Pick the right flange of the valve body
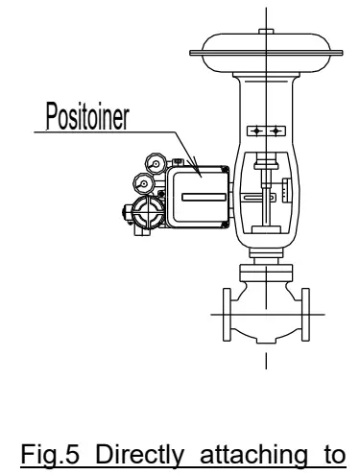[x=303, y=311]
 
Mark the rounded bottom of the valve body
[x=260, y=335]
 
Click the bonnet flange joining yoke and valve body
[x=260, y=255]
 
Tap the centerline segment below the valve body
[x=260, y=363]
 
